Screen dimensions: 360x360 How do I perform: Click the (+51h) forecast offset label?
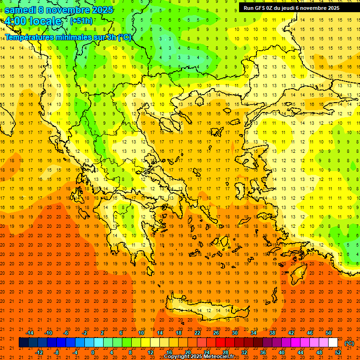pos(81,21)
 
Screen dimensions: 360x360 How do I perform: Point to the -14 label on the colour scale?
pos(30,333)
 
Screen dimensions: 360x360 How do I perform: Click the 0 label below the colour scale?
pos(93,352)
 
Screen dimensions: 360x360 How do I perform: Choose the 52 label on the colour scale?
pos(338,352)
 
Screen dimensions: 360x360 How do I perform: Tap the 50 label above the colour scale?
pos(329,333)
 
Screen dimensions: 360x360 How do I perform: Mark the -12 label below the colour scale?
pos(39,352)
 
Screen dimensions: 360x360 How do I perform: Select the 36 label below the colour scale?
pos(263,352)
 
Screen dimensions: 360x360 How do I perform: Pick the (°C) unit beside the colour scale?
pos(349,343)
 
